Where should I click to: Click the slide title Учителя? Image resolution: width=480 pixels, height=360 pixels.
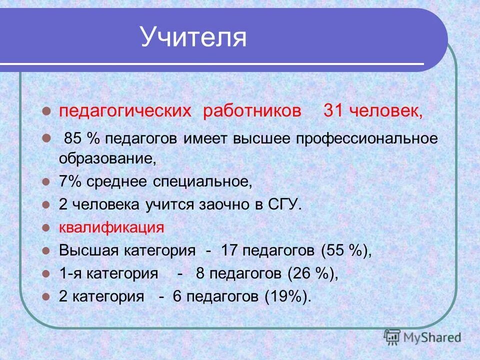193,37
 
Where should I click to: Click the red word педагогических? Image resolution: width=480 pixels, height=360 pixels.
125,111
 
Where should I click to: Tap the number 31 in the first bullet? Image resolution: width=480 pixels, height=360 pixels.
333,110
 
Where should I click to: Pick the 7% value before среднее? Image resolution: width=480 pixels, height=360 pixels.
70,182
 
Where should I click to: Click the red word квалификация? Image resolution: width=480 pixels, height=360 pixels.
111,227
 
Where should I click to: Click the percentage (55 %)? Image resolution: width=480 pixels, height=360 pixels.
346,250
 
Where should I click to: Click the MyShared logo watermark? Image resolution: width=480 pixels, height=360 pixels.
422,337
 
